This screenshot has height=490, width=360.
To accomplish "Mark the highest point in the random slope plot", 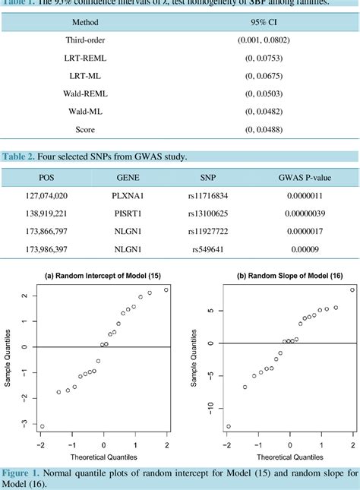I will point(352,290).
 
